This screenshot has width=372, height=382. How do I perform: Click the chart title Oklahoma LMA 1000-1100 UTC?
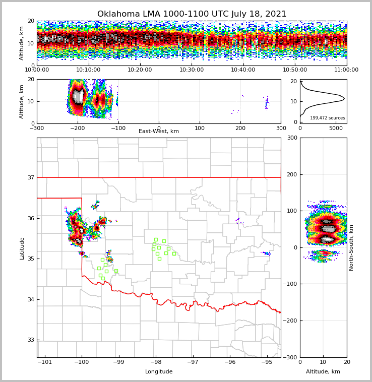[x=192, y=14]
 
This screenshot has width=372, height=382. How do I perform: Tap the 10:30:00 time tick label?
[x=192, y=70]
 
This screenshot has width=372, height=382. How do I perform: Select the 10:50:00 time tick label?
[x=295, y=70]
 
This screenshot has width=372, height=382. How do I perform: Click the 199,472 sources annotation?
[x=327, y=118]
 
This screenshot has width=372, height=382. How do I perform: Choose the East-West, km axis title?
[x=159, y=132]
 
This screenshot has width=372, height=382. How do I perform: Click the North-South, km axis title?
[x=351, y=247]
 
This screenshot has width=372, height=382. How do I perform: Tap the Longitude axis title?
[x=159, y=372]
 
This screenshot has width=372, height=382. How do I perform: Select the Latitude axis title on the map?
[x=22, y=248]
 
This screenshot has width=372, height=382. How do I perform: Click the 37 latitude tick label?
[x=30, y=177]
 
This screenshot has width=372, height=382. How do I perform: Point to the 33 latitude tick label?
[x=30, y=340]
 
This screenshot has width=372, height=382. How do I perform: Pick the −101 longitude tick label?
[x=45, y=362]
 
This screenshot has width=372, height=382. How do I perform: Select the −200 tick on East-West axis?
[x=77, y=128]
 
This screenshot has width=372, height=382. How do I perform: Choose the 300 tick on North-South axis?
[x=291, y=138]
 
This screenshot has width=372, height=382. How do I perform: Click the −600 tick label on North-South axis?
[x=290, y=357]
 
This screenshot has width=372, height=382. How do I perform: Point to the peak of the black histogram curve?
[x=344, y=99]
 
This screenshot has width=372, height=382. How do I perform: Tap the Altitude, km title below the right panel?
[x=323, y=372]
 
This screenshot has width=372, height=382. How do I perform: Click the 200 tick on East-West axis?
[x=240, y=128]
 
